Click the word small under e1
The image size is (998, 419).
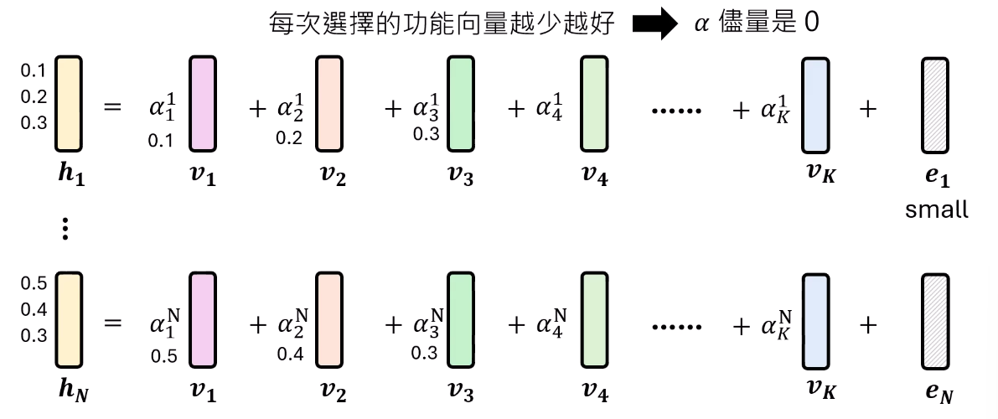(937, 209)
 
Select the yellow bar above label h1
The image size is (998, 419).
(69, 104)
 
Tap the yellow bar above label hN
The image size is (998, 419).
(69, 320)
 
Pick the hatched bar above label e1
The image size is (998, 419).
(936, 105)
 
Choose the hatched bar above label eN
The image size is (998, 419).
(936, 322)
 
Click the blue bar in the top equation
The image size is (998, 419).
(816, 105)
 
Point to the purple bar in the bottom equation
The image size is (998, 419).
(203, 320)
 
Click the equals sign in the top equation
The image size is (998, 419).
(112, 107)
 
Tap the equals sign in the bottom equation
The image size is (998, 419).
(112, 323)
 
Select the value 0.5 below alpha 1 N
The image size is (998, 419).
(163, 356)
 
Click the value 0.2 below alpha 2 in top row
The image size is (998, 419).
(290, 137)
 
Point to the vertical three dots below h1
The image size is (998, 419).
(65, 228)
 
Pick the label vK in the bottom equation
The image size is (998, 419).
(820, 390)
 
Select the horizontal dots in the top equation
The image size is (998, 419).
(677, 111)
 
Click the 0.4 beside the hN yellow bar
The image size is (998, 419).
(34, 309)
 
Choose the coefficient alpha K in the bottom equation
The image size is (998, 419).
(776, 324)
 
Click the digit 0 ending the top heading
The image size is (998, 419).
(811, 23)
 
